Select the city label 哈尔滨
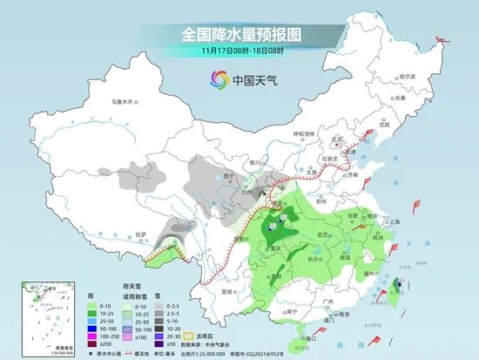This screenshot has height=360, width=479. coord(408,78)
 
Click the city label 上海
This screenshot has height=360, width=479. coord(395,222)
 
